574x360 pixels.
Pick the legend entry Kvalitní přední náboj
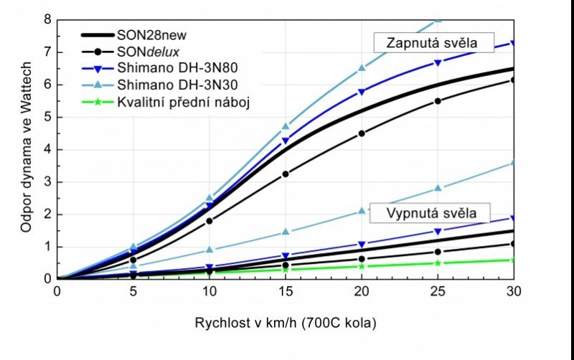(184, 103)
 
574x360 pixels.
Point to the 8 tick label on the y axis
(47, 19)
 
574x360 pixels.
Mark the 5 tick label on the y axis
(47, 117)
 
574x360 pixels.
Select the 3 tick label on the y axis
(47, 181)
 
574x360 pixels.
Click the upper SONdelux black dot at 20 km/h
(361, 133)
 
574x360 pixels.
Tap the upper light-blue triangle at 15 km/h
(285, 126)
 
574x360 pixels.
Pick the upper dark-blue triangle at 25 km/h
(437, 62)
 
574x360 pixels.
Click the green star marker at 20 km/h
(361, 266)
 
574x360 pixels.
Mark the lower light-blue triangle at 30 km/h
(512, 163)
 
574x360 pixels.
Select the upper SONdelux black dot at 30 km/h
(512, 80)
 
